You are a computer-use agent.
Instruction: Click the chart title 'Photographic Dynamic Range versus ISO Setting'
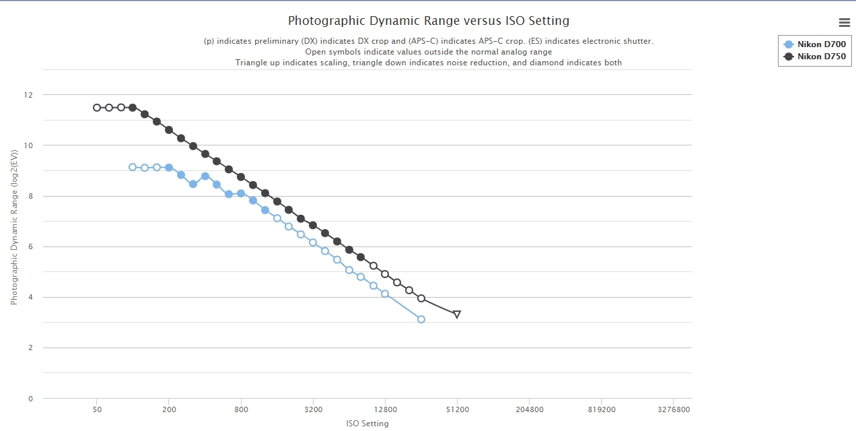point(428,21)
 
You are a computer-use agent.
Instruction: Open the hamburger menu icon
point(844,22)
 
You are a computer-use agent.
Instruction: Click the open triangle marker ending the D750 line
point(457,314)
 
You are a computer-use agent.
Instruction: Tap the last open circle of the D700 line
point(421,319)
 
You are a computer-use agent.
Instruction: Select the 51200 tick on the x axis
point(457,409)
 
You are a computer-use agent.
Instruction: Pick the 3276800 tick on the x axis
point(673,409)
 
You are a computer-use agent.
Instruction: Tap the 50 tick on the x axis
point(97,409)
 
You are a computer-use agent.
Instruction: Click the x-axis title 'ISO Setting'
point(367,424)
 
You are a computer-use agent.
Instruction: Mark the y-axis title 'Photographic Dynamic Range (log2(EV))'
point(14,234)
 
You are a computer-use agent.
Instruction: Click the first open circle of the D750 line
point(97,108)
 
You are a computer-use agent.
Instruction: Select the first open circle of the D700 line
point(133,167)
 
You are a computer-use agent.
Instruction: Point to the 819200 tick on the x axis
point(601,409)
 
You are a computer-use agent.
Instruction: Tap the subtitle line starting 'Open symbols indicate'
point(428,52)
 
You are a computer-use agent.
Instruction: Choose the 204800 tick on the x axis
point(529,409)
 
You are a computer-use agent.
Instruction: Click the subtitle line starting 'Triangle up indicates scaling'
point(428,63)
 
